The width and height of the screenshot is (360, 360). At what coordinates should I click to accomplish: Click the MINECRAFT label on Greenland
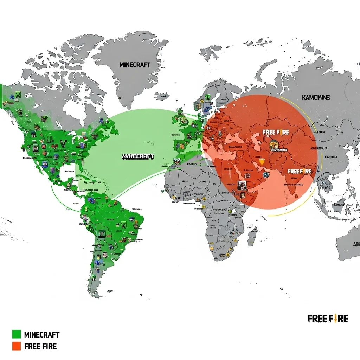point(135,65)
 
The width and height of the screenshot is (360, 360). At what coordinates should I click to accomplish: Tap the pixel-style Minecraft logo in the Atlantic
point(138,156)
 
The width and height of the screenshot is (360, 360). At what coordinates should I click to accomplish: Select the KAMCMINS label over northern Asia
point(316,97)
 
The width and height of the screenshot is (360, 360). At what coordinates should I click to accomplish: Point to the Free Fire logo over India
point(300,171)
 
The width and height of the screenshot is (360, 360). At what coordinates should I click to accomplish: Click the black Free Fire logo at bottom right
point(328,319)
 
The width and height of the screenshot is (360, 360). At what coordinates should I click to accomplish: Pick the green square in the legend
point(17,334)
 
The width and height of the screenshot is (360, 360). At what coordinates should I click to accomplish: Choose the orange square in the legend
point(17,346)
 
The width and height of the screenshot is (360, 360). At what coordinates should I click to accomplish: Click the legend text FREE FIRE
point(40,346)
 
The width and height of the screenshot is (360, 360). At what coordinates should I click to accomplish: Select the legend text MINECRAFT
point(42,334)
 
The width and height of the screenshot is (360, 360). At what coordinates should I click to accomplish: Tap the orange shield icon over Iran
point(261,161)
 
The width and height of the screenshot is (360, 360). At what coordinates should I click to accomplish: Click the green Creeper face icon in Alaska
point(18,95)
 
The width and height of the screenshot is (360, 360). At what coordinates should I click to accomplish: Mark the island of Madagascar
point(252,236)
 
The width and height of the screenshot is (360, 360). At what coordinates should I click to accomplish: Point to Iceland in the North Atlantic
point(162,96)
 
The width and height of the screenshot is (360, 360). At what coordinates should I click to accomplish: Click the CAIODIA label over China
point(331,157)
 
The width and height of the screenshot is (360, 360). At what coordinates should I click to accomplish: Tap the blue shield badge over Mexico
point(45,164)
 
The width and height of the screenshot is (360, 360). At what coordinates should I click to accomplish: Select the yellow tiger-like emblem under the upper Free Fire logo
point(274,145)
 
